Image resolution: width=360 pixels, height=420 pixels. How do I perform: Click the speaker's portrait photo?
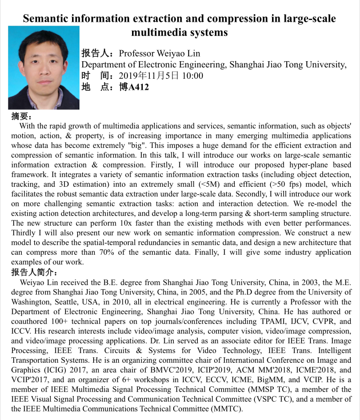[44, 68]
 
